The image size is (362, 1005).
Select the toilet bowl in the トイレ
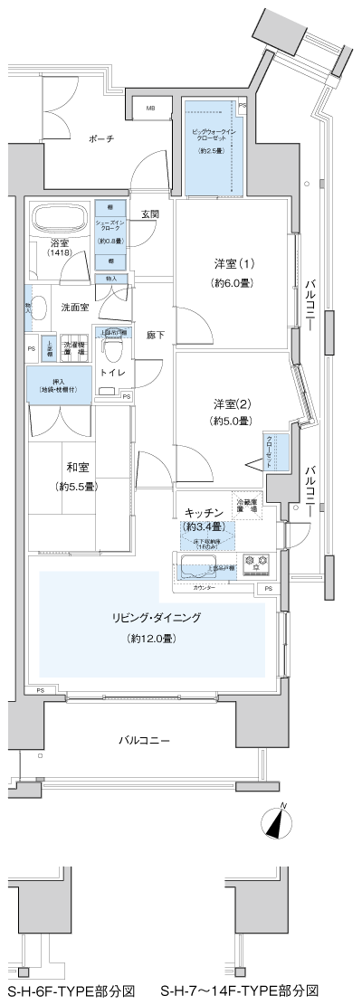pyautogui.click(x=114, y=347)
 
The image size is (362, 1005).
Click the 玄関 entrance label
pyautogui.click(x=150, y=214)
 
